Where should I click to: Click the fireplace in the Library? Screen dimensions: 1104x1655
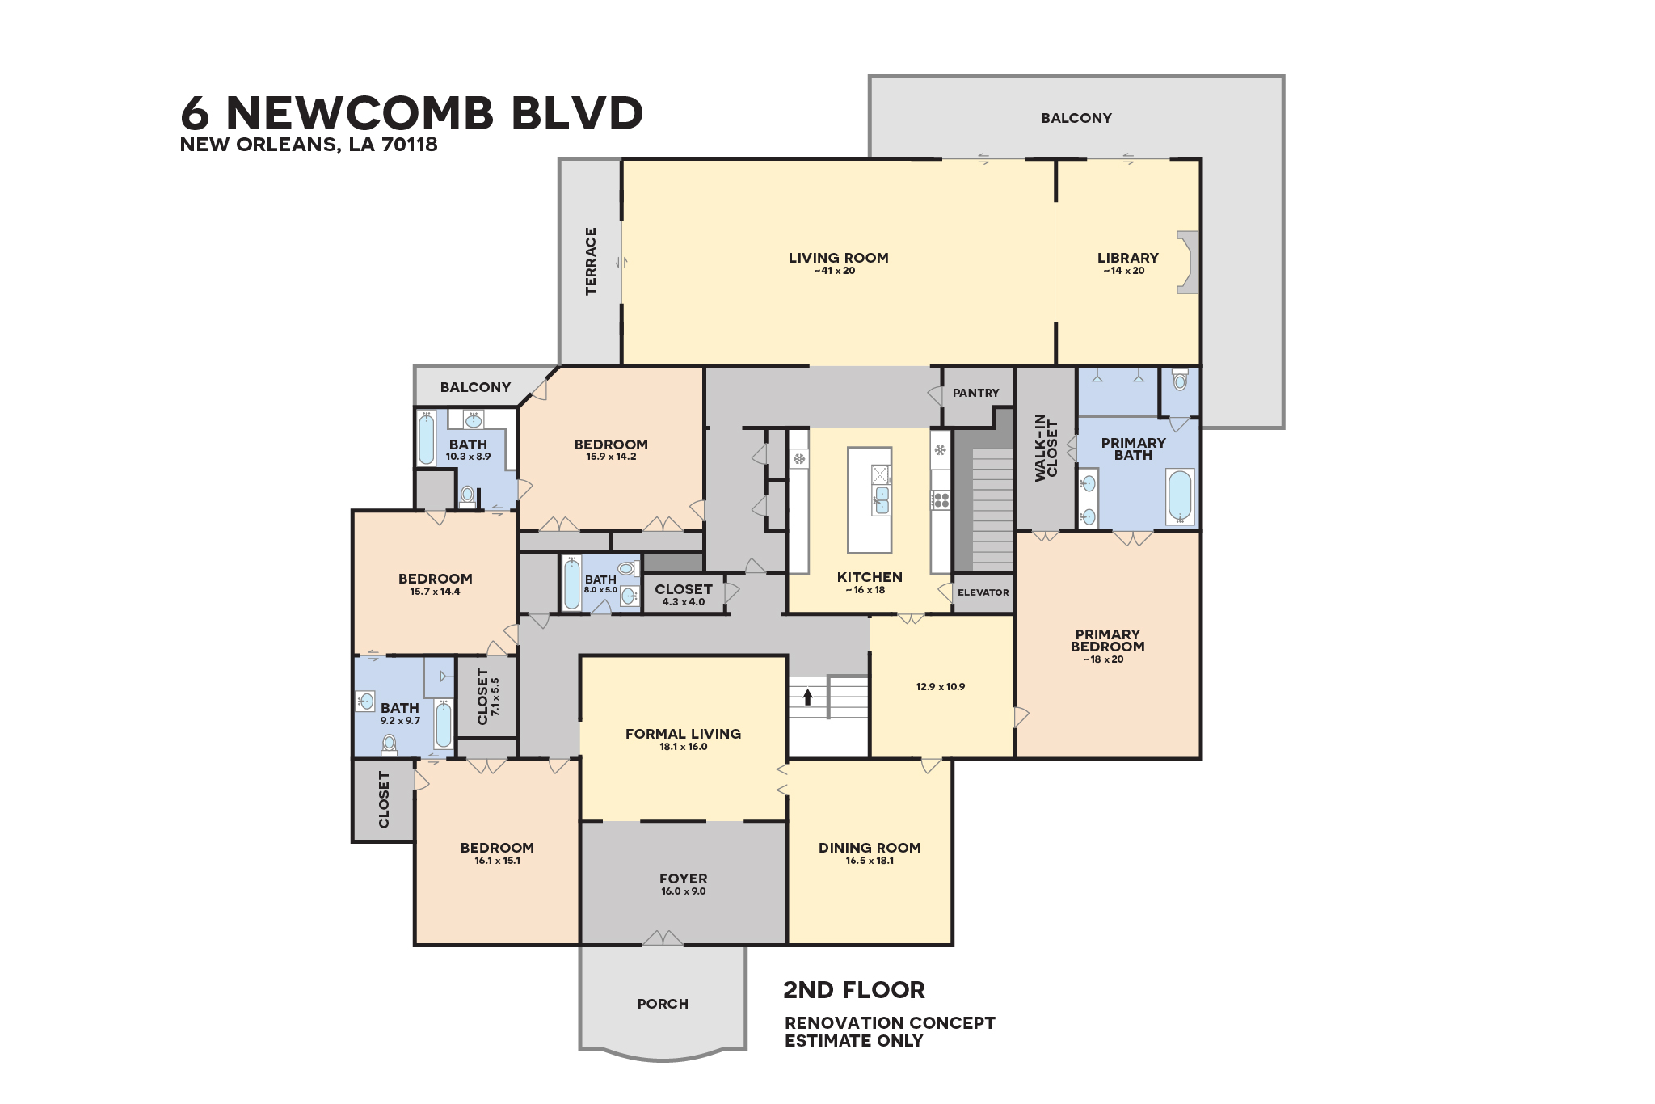(x=1187, y=262)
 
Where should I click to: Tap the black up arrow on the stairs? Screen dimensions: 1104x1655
(x=807, y=697)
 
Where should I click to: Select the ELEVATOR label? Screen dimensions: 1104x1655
(x=983, y=592)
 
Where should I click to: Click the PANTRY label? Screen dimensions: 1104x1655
(x=975, y=393)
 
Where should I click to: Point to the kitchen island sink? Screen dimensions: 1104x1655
(x=882, y=500)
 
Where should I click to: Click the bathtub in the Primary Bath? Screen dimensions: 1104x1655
(x=1180, y=495)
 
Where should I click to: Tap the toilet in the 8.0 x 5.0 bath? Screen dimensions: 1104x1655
(x=626, y=568)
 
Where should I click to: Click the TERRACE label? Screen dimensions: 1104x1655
(x=591, y=261)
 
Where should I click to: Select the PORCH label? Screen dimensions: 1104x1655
(x=663, y=1004)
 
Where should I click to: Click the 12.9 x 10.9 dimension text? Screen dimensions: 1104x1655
(x=940, y=687)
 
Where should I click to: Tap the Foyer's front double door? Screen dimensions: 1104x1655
(x=663, y=938)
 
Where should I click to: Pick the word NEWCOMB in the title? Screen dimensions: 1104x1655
(x=360, y=113)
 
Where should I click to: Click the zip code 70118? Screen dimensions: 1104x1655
(x=410, y=145)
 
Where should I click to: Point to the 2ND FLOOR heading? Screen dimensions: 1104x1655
(x=853, y=990)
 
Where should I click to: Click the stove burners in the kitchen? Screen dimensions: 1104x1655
(x=941, y=500)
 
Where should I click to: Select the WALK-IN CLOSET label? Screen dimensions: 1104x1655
(x=1046, y=448)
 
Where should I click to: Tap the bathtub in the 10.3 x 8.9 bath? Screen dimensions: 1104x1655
(x=426, y=440)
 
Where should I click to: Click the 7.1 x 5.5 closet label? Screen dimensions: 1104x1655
(x=488, y=696)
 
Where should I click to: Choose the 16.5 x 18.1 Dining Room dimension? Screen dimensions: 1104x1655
(x=870, y=861)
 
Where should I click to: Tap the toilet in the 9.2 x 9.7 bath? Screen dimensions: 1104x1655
(x=390, y=743)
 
